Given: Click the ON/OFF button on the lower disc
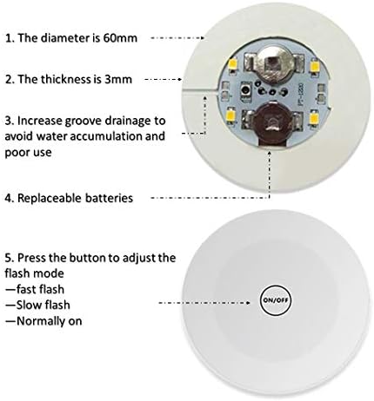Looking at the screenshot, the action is (275, 300).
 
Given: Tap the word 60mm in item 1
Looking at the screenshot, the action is (120, 38).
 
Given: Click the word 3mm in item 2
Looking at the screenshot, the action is (118, 79).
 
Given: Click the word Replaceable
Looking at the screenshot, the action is (50, 199).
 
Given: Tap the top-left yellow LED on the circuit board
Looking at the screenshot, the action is (233, 64).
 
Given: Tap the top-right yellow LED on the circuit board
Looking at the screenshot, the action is (313, 66).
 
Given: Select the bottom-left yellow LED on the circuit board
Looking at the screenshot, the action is (232, 115).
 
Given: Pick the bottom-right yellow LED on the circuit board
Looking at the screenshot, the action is (314, 117).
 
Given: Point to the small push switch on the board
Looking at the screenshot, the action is (246, 90).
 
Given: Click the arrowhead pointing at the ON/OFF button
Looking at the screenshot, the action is (248, 303).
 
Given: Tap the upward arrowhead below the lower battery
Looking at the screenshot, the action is (270, 153).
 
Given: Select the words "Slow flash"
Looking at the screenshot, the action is (43, 305).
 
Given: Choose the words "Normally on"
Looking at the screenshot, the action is (50, 321).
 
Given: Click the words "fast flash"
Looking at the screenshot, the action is (40, 289).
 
